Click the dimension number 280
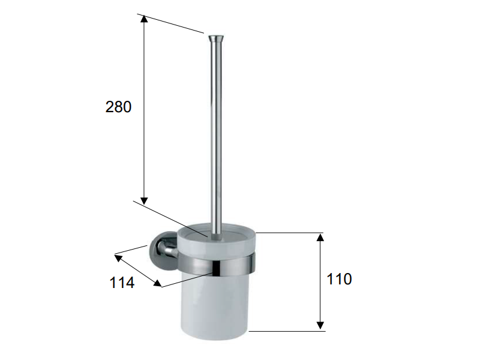pos(118,107)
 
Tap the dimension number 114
pos(122,283)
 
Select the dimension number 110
pos(339,279)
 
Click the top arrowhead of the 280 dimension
pos(144,19)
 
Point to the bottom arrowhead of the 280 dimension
pos(144,201)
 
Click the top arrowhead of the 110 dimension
pos(320,237)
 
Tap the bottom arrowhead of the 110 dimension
pos(320,325)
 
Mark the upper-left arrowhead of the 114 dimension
pos(118,258)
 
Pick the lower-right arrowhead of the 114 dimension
pos(157,283)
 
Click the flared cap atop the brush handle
pos(216,38)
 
